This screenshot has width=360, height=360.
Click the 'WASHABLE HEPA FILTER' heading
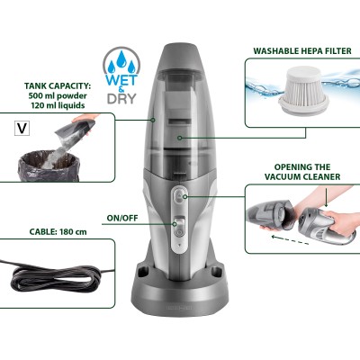click(x=302, y=50)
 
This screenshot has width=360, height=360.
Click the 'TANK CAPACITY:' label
click(x=55, y=87)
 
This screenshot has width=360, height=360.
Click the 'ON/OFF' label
click(x=122, y=217)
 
